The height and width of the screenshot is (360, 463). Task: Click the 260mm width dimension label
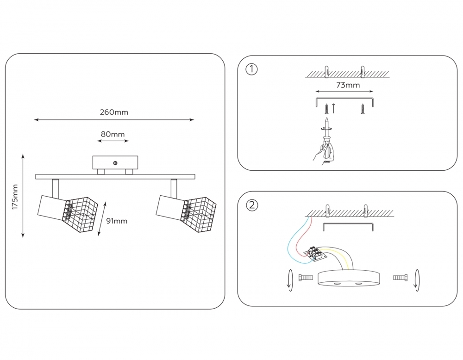pyautogui.click(x=114, y=112)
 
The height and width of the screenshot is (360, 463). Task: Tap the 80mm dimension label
pyautogui.click(x=113, y=134)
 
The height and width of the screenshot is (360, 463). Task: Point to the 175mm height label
pyautogui.click(x=15, y=196)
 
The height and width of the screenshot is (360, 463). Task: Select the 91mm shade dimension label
pyautogui.click(x=117, y=221)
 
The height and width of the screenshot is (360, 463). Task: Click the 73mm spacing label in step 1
pyautogui.click(x=347, y=85)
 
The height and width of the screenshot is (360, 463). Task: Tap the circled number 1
pyautogui.click(x=251, y=69)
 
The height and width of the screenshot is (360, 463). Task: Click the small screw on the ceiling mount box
pyautogui.click(x=115, y=163)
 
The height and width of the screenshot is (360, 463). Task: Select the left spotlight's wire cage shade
pyautogui.click(x=81, y=214)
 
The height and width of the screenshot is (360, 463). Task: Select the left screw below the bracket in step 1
pyautogui.click(x=327, y=109)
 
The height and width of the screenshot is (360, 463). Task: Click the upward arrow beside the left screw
pyautogui.click(x=333, y=109)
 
